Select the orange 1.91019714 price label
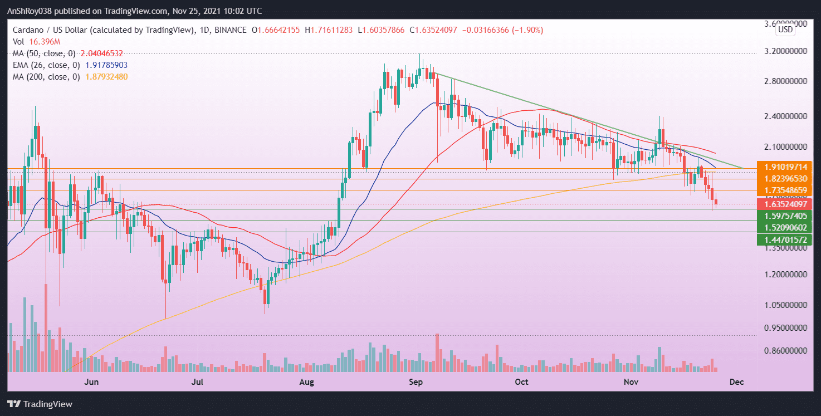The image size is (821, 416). point(785,167)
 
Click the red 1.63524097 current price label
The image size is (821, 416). point(785,204)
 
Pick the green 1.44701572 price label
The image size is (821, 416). point(785,239)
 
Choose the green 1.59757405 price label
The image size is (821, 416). point(785,216)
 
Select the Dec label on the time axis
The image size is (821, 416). point(736,382)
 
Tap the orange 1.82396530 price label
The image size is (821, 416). point(785,179)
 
